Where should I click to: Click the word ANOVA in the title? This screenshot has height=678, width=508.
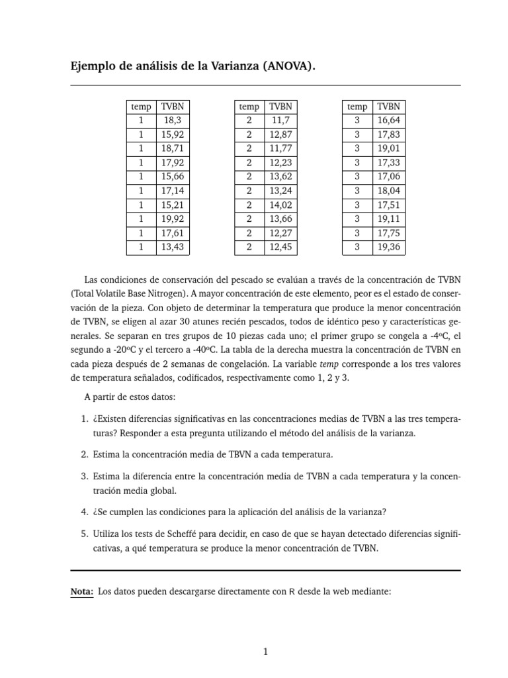[x=283, y=67]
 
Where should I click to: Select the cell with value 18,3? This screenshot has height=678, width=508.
[x=172, y=121]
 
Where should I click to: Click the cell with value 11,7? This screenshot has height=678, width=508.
[x=280, y=121]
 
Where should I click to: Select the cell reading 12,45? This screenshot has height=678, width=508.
[x=280, y=247]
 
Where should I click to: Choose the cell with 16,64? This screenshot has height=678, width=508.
[x=388, y=121]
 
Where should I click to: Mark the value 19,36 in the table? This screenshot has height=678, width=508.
[x=388, y=247]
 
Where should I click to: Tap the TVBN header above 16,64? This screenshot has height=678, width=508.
[x=388, y=107]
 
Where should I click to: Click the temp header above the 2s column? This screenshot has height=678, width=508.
[x=249, y=107]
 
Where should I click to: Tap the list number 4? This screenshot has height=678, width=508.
[x=84, y=511]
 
